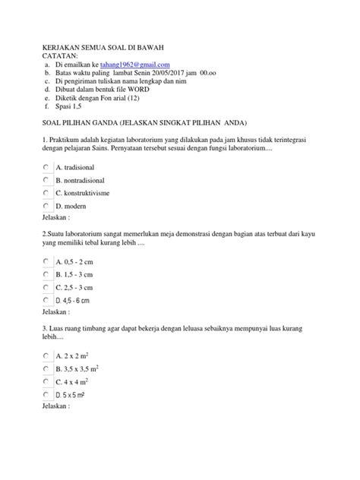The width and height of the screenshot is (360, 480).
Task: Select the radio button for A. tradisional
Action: pos(46,166)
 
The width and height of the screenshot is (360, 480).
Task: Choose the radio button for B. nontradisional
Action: pos(46,179)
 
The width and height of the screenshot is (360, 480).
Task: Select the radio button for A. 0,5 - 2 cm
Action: pos(46,261)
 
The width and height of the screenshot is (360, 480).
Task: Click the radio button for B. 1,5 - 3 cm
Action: pos(46,274)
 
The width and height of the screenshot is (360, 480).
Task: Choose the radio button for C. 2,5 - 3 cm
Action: pos(46,288)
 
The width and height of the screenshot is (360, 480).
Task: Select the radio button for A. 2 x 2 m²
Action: pos(46,355)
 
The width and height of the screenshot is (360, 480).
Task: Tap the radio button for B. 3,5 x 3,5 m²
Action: pos(46,369)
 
